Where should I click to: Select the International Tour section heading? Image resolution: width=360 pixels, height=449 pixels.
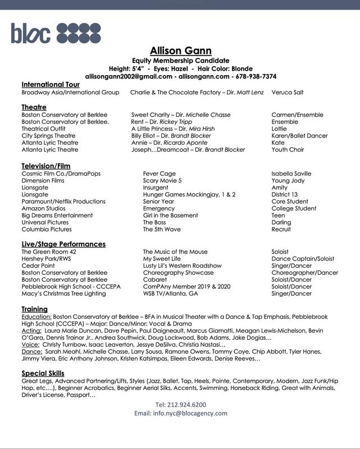click(x=50, y=84)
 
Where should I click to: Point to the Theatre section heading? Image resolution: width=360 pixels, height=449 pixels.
click(x=34, y=107)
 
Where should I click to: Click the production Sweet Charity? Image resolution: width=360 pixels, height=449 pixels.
click(x=151, y=114)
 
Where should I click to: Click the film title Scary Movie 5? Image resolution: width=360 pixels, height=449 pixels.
click(x=162, y=181)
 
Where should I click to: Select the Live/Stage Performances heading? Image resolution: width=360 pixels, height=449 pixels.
click(x=63, y=244)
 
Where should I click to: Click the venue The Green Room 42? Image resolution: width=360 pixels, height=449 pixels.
click(x=48, y=252)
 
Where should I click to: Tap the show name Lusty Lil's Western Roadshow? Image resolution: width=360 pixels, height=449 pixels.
click(x=182, y=265)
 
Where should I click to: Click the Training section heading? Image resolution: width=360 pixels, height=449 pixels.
click(x=34, y=309)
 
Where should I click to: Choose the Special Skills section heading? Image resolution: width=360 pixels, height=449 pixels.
click(x=43, y=373)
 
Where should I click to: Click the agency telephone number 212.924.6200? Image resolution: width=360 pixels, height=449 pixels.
click(x=180, y=404)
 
